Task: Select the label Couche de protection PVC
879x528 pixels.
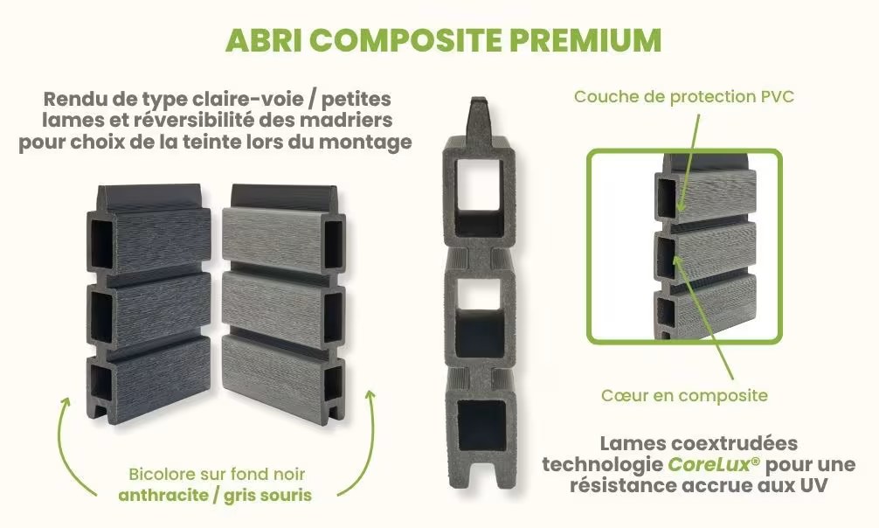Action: click(x=684, y=96)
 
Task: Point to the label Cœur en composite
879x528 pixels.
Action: click(x=684, y=395)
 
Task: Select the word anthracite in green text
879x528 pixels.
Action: click(x=163, y=496)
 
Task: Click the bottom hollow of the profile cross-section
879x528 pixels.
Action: click(x=481, y=426)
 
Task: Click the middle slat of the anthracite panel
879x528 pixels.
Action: click(x=160, y=309)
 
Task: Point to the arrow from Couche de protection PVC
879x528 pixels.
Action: click(x=689, y=163)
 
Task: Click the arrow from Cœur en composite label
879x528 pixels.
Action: click(x=703, y=317)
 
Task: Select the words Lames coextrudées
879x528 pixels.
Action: click(x=698, y=443)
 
